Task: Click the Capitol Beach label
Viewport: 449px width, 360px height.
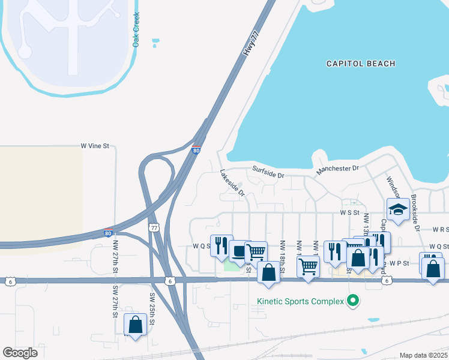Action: tap(360, 64)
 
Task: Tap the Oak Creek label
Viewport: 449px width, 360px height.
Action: tap(136, 30)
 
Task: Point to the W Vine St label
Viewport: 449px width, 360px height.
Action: tap(95, 146)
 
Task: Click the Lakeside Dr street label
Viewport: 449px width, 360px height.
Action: tap(232, 183)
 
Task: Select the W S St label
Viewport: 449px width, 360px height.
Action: tap(353, 212)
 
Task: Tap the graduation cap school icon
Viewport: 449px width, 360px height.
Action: tap(397, 209)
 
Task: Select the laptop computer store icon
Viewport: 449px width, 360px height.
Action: tap(240, 251)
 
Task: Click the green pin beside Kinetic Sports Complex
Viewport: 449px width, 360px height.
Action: tap(354, 301)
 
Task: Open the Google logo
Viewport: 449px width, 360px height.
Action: tap(20, 353)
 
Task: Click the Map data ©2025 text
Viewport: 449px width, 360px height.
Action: tap(423, 355)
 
